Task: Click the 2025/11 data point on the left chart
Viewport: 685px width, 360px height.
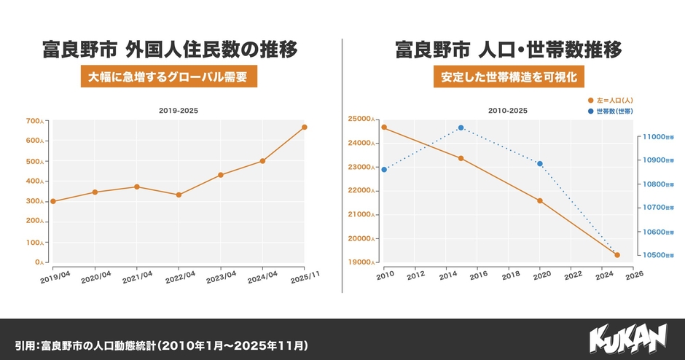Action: [x=304, y=128]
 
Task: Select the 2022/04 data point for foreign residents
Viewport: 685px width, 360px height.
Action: [x=179, y=195]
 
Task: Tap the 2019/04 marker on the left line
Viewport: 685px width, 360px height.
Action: [x=53, y=201]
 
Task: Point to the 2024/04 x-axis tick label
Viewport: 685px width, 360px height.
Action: [x=262, y=277]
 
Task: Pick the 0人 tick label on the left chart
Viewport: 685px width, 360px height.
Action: [x=41, y=262]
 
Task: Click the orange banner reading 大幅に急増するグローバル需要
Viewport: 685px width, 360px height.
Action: [x=169, y=77]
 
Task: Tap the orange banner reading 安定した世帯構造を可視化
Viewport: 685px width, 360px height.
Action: [x=509, y=77]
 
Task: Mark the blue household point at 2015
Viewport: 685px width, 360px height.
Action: [x=461, y=128]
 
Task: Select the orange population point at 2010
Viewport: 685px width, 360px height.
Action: [x=384, y=128]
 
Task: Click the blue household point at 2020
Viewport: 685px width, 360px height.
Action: [x=540, y=163]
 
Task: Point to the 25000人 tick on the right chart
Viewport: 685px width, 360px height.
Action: [x=362, y=119]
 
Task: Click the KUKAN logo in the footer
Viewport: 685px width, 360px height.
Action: [x=627, y=340]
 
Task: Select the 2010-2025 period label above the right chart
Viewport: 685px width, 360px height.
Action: [x=508, y=111]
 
